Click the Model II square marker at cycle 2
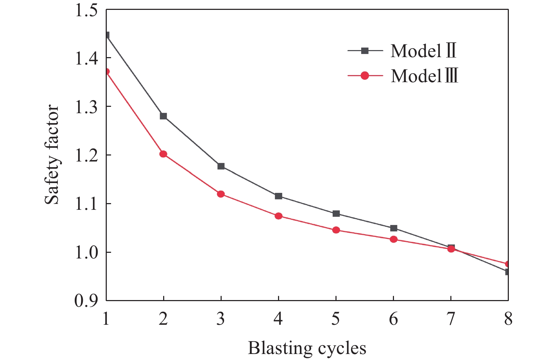163,116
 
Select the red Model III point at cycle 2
163,154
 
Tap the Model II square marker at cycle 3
221,166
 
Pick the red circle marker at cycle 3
221,194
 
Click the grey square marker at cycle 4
278,196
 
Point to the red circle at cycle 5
336,230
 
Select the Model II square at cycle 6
394,228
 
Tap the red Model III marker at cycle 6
394,239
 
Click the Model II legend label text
423,51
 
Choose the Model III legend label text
424,76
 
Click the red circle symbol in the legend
365,75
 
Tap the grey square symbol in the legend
365,51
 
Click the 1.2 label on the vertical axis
86,155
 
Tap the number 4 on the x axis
278,319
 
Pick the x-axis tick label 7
451,319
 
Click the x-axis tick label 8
508,319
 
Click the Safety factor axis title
52,154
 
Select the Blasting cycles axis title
307,348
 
